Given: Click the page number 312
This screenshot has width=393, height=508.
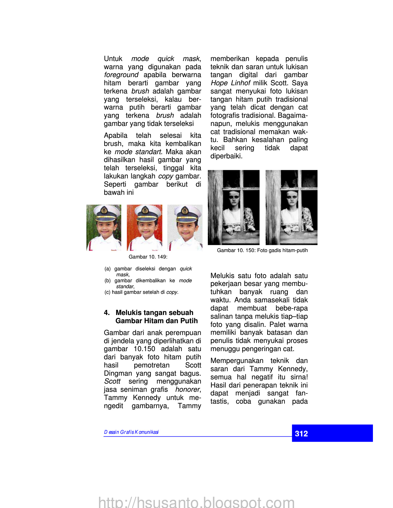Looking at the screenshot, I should (x=301, y=433).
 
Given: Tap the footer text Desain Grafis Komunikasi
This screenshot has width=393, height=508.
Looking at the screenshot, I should (x=131, y=432).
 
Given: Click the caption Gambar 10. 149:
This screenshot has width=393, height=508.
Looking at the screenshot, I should (x=148, y=257).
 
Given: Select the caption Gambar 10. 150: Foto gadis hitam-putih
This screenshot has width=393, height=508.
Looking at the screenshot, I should (x=262, y=250).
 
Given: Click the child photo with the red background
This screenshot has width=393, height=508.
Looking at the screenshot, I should (x=144, y=227).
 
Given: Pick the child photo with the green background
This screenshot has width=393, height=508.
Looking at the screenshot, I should (x=104, y=227).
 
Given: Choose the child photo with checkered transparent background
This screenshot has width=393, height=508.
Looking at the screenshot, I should (x=185, y=227).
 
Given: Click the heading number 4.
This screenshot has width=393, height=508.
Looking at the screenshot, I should (x=107, y=313).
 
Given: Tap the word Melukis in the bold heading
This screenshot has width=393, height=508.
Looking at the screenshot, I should (x=129, y=313).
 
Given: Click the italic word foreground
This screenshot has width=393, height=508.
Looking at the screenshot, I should (x=121, y=75).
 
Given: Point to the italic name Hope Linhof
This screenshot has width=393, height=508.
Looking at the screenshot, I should (x=230, y=83).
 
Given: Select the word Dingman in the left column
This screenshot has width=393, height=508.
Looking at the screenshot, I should (x=118, y=373).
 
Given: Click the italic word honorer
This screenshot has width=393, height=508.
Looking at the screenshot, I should (x=187, y=389).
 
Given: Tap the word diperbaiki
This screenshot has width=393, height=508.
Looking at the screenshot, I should (x=226, y=156).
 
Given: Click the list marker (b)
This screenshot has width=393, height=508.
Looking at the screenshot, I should (x=107, y=281).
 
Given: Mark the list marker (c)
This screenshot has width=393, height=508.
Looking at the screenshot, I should (x=107, y=292).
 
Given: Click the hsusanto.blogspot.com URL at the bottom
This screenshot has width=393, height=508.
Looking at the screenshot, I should (x=196, y=502).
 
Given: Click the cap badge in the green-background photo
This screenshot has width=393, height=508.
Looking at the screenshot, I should (x=104, y=210).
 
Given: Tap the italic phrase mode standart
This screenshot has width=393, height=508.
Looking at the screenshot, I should (x=138, y=152).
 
